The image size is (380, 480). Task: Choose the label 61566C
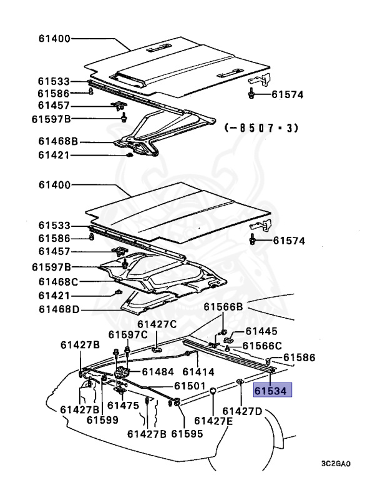[x=262, y=346]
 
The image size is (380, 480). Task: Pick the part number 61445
[x=261, y=331]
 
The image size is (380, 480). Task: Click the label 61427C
[x=157, y=324]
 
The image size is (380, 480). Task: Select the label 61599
[x=102, y=420]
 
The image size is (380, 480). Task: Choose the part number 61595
[x=187, y=433]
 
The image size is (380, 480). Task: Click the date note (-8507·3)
[x=261, y=127]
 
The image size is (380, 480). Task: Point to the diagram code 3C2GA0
[x=336, y=464]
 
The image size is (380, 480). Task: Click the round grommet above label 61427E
[x=213, y=392]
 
